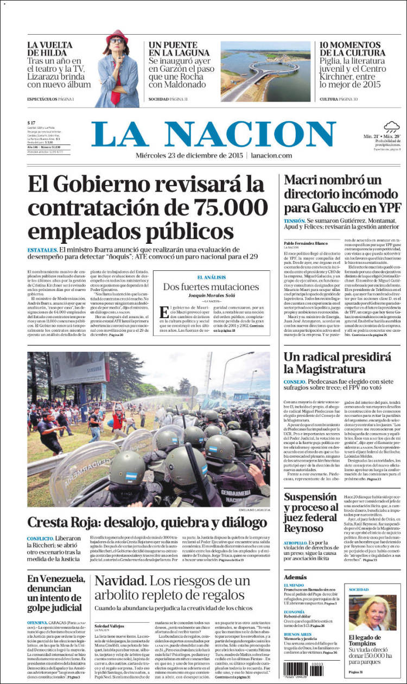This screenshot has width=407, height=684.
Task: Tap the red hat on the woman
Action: coord(116,35)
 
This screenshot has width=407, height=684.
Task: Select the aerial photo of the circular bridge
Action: coord(265,71)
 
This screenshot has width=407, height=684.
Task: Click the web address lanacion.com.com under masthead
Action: coord(271,155)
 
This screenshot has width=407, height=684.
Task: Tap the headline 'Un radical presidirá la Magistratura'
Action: coord(329,363)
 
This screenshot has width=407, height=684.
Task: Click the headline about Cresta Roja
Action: coord(144,522)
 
